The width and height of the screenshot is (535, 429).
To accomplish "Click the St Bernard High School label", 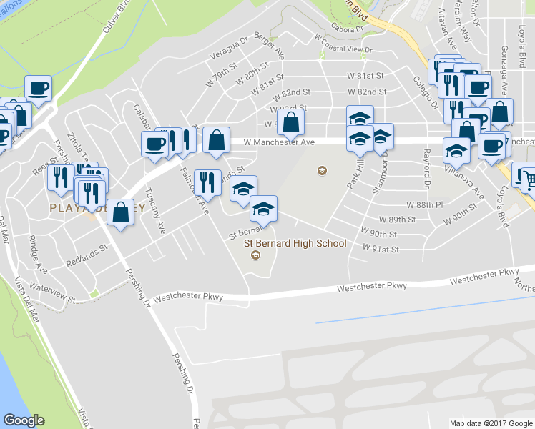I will [295, 243].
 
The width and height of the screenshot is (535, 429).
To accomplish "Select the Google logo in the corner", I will [24, 420].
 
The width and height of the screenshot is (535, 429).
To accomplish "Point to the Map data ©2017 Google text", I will [491, 423].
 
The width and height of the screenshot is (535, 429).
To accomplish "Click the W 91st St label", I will [380, 249].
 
